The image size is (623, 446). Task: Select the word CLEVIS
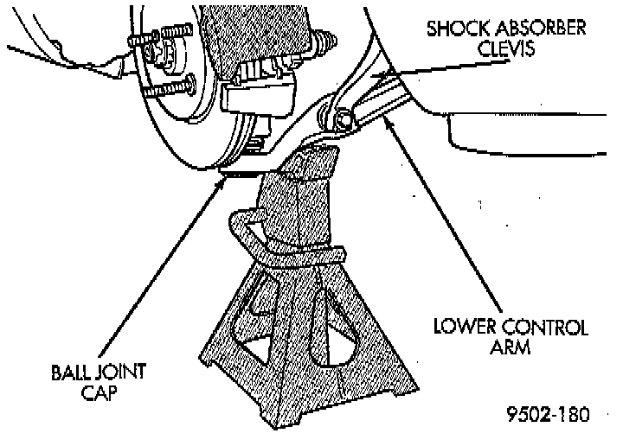click(x=505, y=48)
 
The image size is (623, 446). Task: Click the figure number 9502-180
click(x=546, y=415)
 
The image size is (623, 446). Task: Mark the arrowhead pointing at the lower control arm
click(x=388, y=122)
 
